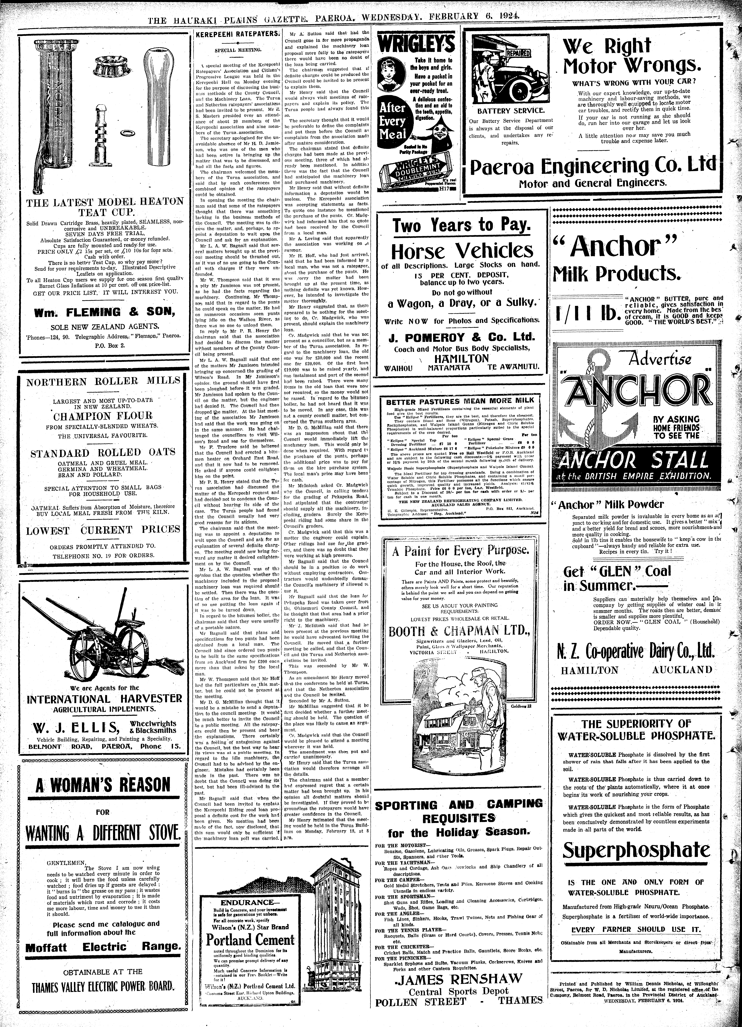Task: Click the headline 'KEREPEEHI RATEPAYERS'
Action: click(236, 34)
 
